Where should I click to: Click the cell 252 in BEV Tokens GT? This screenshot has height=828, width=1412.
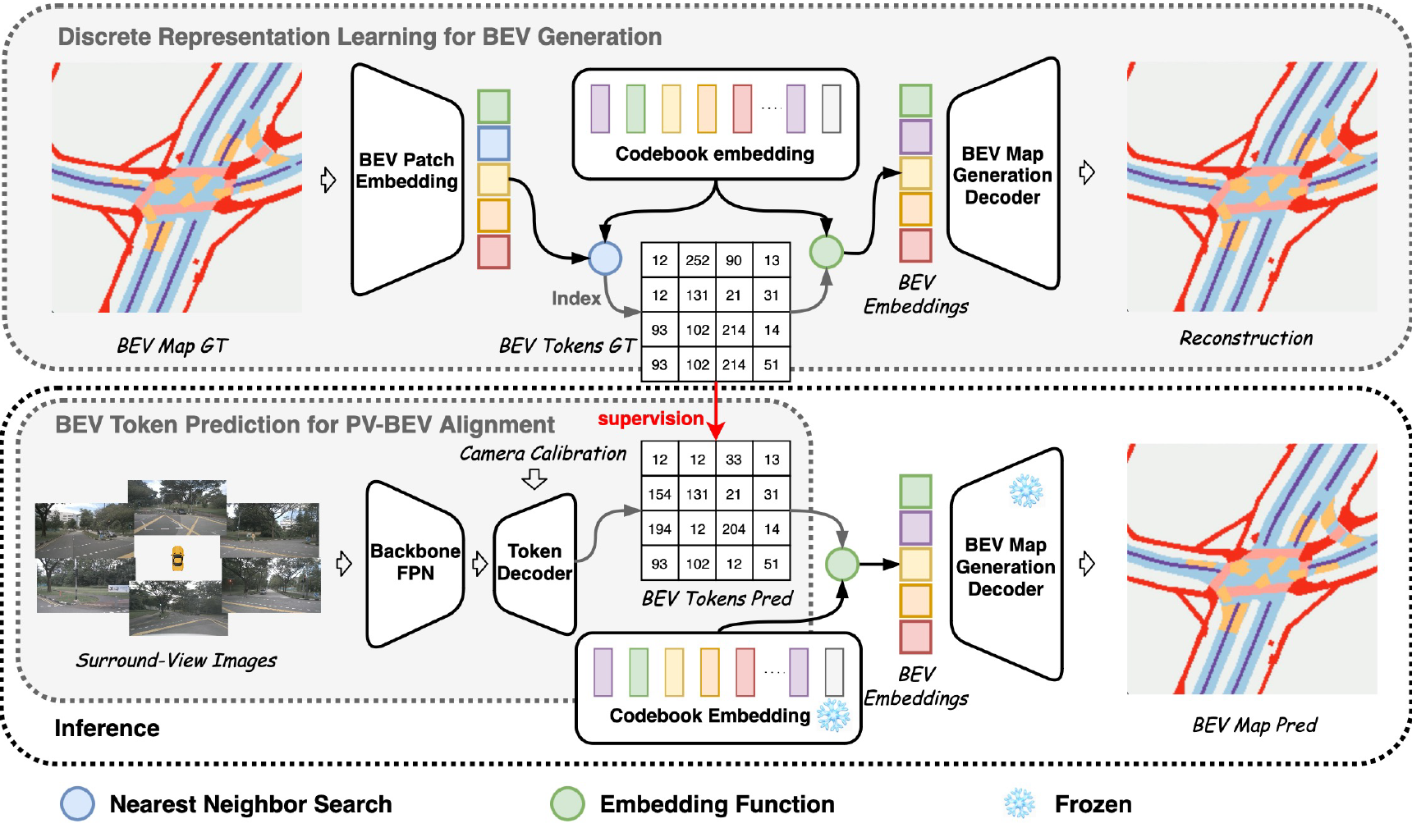(x=698, y=260)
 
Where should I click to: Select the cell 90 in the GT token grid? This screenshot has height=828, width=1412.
(x=734, y=260)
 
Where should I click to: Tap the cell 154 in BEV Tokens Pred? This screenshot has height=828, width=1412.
(x=660, y=494)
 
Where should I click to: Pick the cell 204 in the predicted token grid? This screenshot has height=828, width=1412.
(x=734, y=529)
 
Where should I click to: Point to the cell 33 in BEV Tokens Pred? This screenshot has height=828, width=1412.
(x=734, y=460)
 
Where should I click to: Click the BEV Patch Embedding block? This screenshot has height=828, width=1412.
(x=407, y=179)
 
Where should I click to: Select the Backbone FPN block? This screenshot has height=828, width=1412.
(x=415, y=563)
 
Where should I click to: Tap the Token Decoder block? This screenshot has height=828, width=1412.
(x=534, y=563)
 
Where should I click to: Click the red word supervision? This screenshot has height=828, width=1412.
(x=650, y=419)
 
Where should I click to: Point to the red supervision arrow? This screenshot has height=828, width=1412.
(x=717, y=410)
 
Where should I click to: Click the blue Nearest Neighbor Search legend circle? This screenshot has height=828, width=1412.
(x=78, y=804)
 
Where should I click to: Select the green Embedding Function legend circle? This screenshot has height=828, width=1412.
(x=567, y=804)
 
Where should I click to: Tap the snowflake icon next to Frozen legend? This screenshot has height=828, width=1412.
(x=1020, y=803)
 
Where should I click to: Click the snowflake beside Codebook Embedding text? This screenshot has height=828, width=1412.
(x=833, y=716)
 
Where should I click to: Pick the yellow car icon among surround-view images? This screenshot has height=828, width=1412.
(x=177, y=558)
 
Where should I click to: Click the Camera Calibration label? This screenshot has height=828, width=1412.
(x=543, y=454)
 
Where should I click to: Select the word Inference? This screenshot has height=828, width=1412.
(x=107, y=728)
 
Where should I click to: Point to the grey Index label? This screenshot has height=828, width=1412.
(x=576, y=298)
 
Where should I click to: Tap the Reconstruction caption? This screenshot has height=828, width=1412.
(x=1246, y=338)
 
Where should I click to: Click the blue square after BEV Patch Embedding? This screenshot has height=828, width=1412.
(x=493, y=143)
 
